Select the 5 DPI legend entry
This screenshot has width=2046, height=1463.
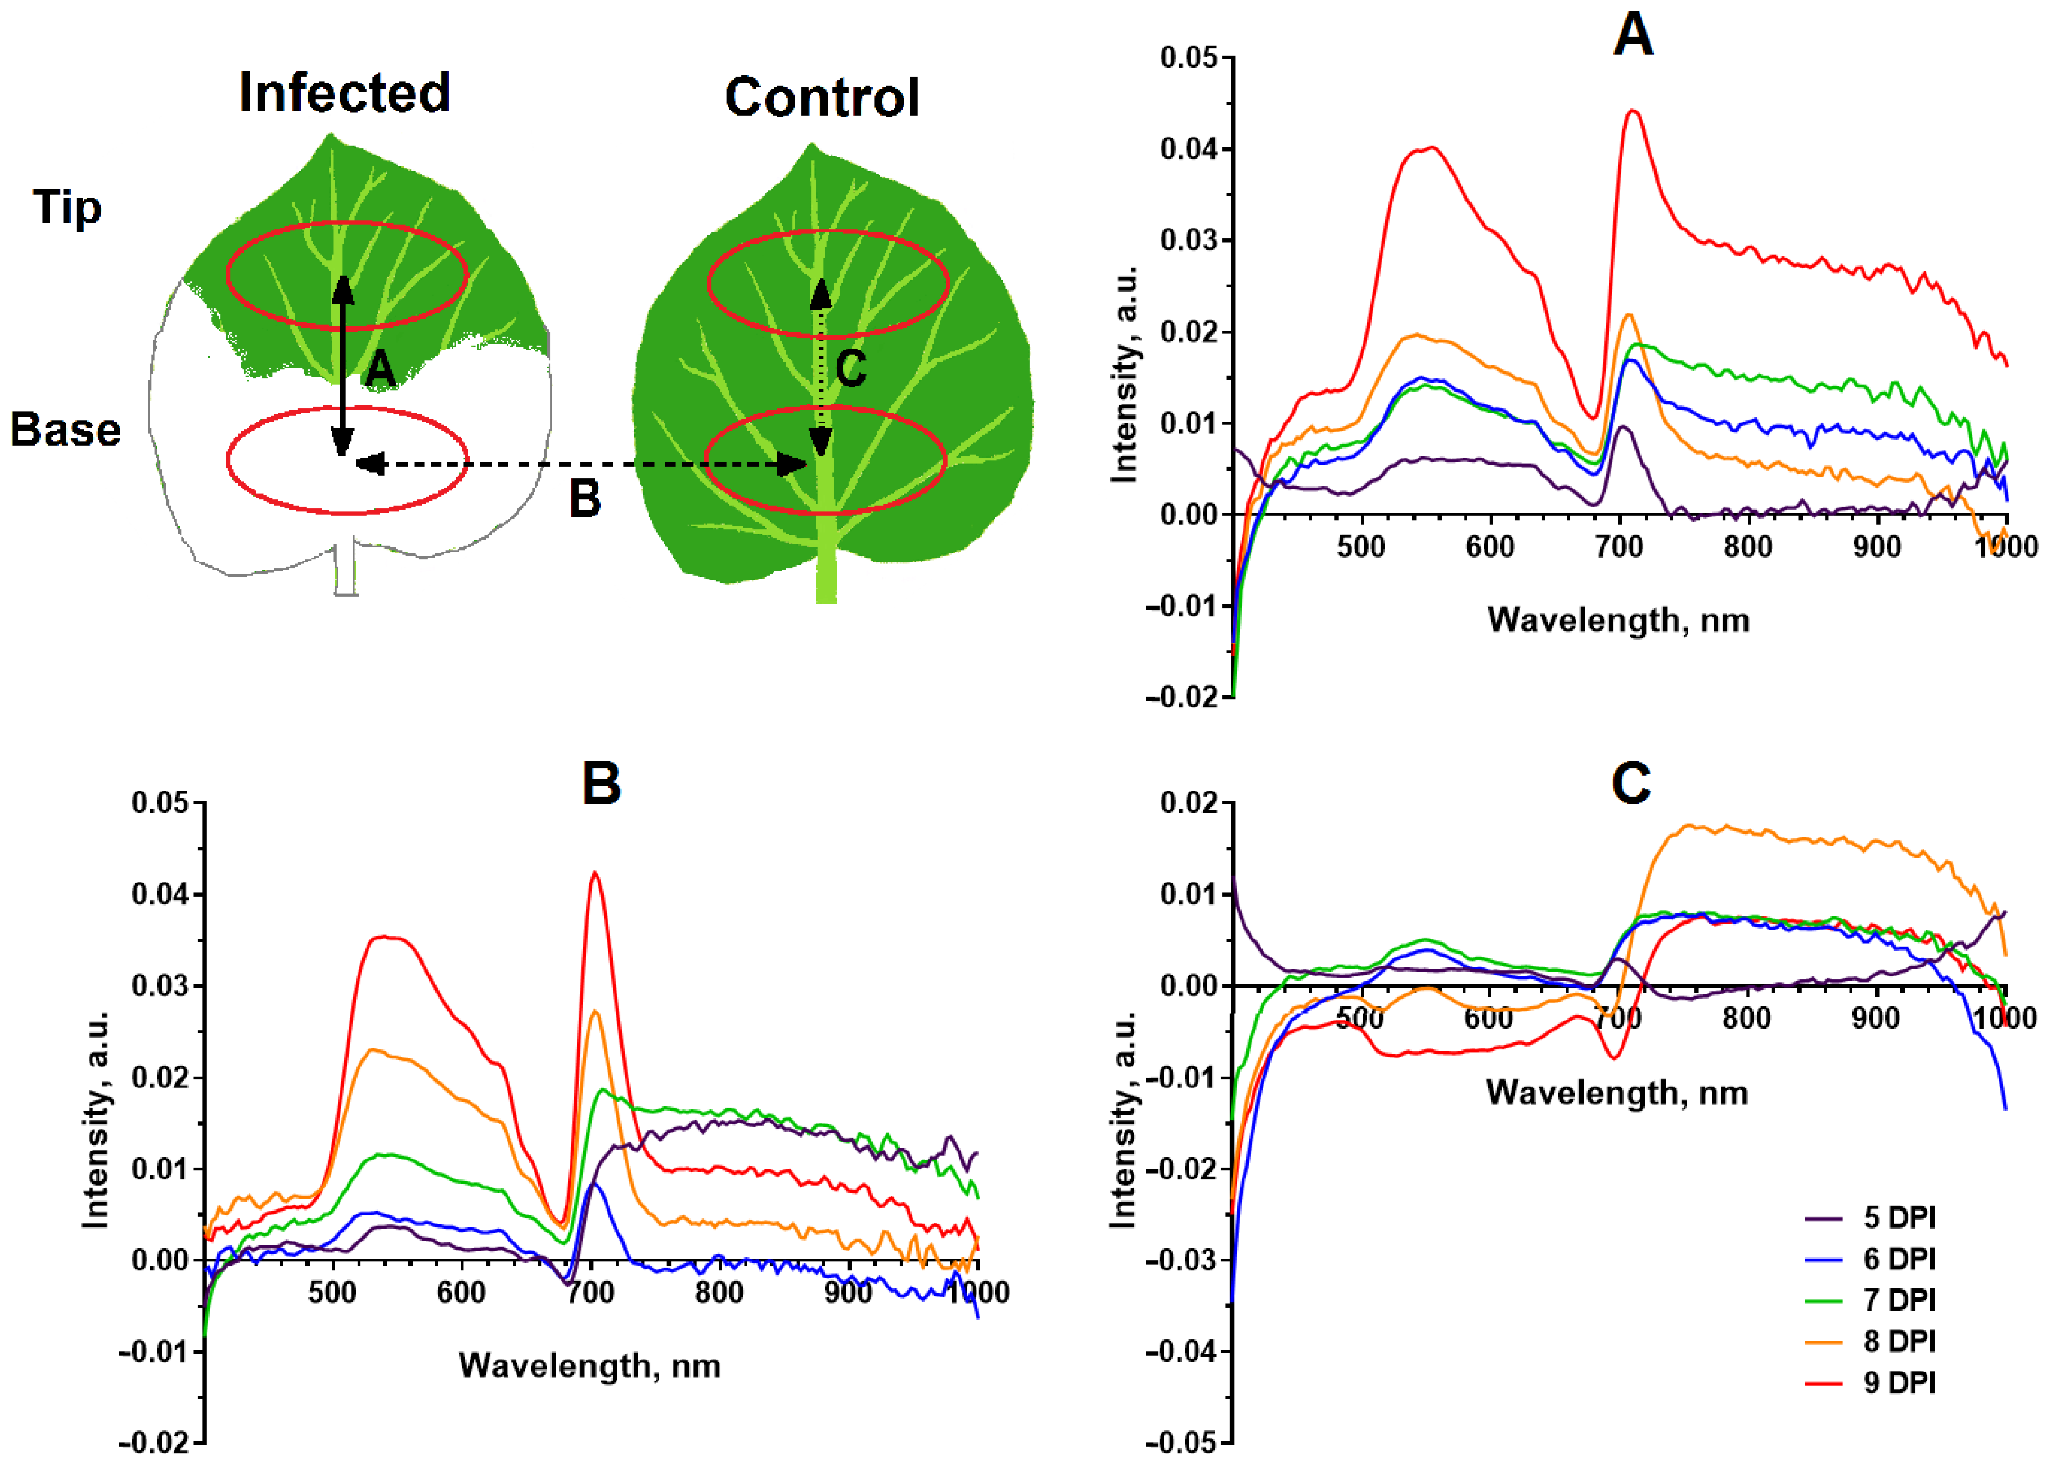pyautogui.click(x=1898, y=1218)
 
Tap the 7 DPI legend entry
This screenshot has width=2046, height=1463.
pyautogui.click(x=1898, y=1300)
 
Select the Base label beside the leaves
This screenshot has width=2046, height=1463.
pyautogui.click(x=66, y=430)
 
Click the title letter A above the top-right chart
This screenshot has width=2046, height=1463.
pyautogui.click(x=1632, y=36)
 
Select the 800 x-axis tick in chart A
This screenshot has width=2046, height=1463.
pyautogui.click(x=1748, y=546)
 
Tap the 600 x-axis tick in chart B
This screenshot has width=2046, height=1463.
pyautogui.click(x=461, y=1293)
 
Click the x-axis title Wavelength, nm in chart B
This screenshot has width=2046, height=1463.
pyautogui.click(x=589, y=1366)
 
